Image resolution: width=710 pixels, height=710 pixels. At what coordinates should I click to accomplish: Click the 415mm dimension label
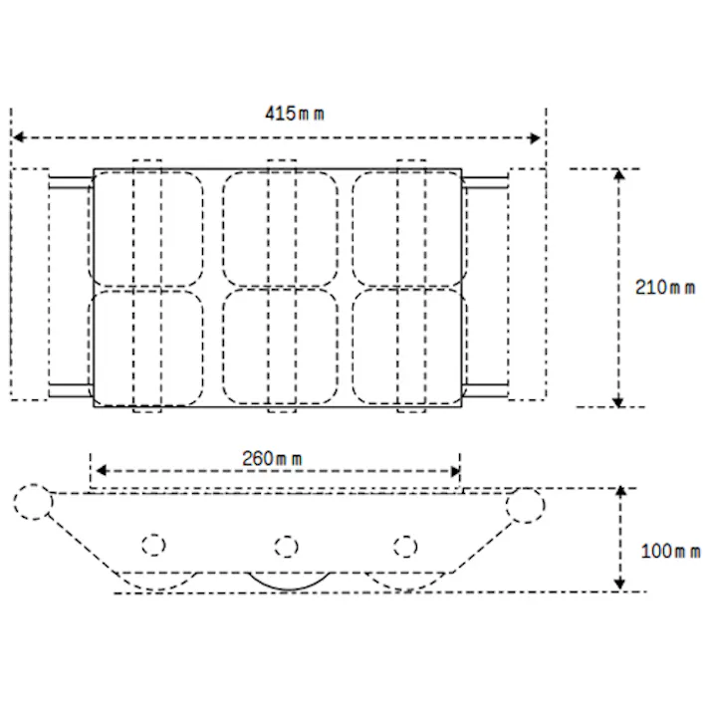(x=294, y=113)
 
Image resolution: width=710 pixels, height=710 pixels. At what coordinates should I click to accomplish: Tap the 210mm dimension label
(x=665, y=288)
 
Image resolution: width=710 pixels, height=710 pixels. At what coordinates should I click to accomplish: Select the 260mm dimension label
(x=273, y=459)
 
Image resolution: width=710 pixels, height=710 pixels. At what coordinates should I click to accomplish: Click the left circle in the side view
(x=33, y=502)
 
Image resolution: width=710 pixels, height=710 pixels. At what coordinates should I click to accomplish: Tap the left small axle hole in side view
(x=152, y=546)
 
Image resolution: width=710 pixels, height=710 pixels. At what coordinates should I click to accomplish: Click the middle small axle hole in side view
(x=285, y=546)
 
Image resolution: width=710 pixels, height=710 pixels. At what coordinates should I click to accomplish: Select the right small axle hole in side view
(x=403, y=546)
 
